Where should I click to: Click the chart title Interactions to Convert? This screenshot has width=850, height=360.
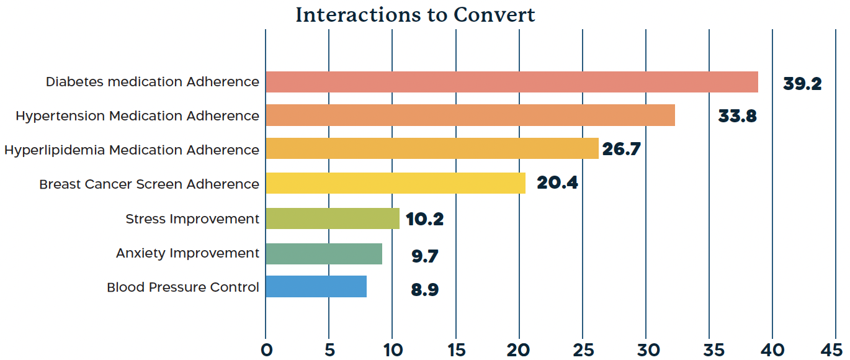[415, 15]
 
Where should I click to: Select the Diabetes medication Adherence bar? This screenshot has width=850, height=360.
[512, 82]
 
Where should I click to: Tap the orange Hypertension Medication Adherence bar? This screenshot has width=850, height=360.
[470, 115]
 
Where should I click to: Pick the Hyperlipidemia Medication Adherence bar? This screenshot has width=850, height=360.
[432, 148]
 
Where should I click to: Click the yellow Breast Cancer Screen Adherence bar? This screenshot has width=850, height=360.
[395, 183]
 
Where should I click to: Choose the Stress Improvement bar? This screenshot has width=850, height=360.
[333, 218]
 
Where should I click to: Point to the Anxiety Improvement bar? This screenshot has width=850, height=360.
[324, 254]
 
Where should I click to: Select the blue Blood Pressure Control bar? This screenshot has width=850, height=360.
[316, 286]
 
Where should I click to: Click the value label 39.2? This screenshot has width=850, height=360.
[802, 84]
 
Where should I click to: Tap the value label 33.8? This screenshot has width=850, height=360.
[737, 116]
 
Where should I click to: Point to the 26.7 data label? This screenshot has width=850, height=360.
[621, 149]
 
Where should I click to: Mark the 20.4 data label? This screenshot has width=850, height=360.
[557, 182]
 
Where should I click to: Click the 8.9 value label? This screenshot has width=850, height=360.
[424, 290]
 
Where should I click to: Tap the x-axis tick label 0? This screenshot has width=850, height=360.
[266, 350]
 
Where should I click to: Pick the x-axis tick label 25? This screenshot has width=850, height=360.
[583, 350]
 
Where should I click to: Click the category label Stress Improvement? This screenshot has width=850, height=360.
[192, 219]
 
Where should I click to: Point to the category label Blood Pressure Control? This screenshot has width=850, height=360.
[183, 287]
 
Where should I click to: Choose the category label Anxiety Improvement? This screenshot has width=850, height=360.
[187, 253]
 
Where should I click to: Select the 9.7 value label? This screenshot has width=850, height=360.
[424, 256]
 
